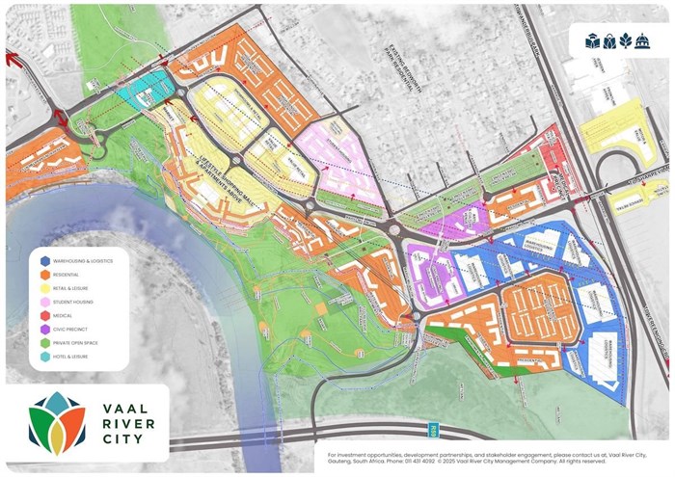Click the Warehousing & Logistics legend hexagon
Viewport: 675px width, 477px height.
[44, 261]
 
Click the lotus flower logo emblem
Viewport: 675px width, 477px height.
[56, 423]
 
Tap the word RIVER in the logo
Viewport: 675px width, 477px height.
[123, 423]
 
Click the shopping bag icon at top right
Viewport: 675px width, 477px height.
[609, 41]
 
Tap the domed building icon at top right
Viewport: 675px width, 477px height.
[644, 41]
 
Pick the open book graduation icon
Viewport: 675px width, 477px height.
[592, 41]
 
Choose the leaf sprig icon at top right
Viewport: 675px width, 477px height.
[627, 41]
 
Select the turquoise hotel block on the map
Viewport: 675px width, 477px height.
[144, 89]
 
